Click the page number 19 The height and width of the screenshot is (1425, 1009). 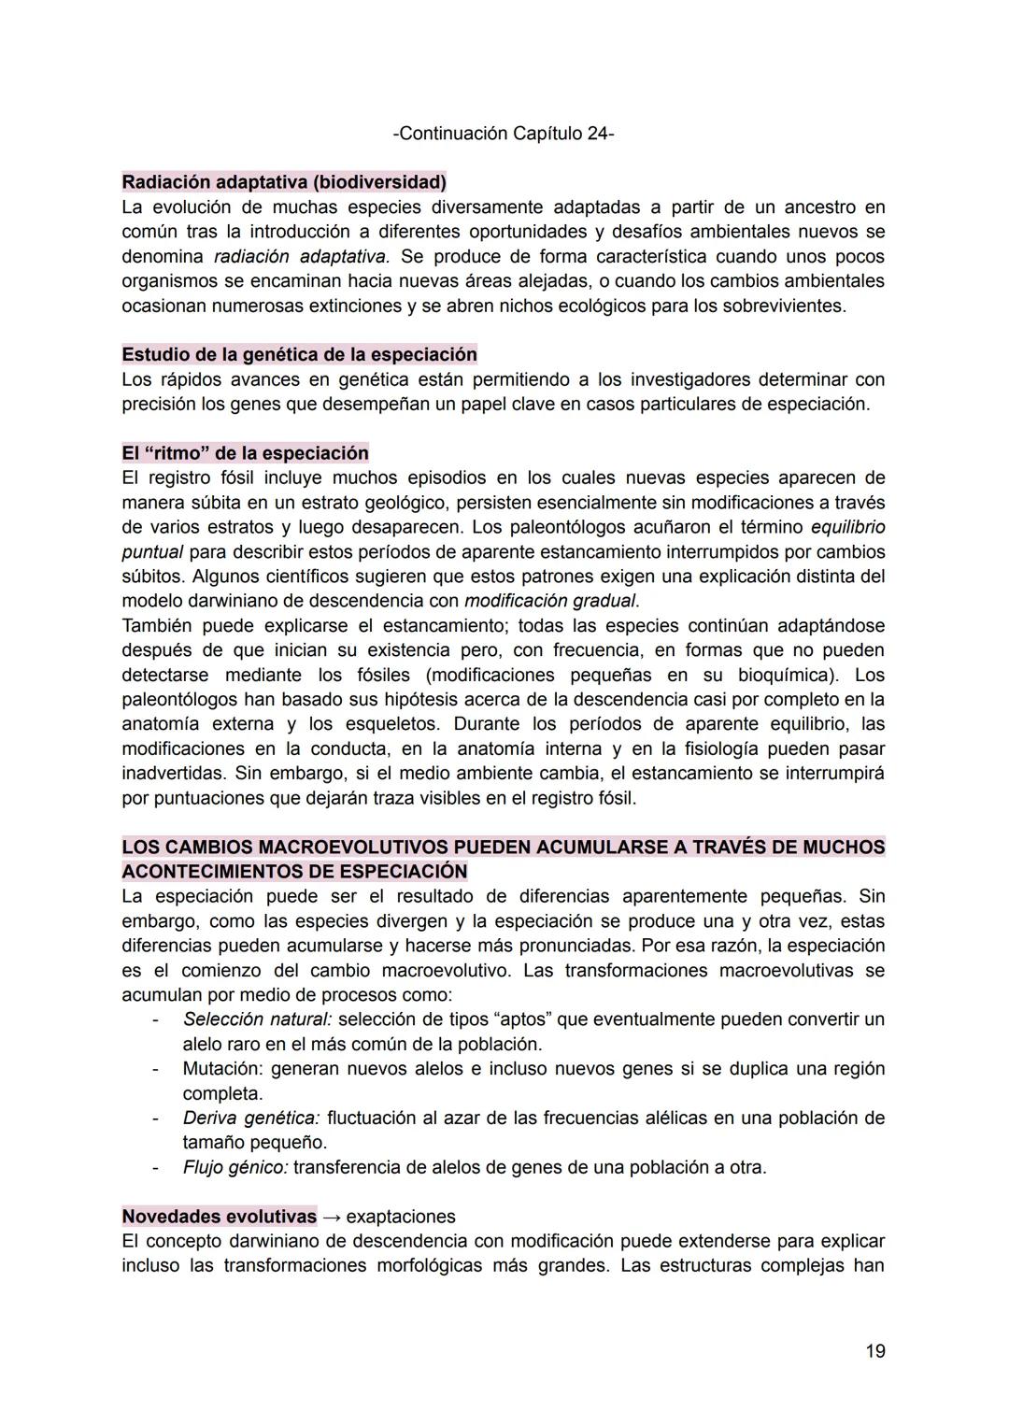[874, 1350]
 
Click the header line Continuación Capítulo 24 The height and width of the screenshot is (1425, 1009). [504, 134]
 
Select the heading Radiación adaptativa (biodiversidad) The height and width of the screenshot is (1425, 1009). [284, 181]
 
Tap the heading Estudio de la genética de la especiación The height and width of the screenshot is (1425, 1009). [299, 355]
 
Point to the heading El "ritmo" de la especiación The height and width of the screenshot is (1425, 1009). [245, 453]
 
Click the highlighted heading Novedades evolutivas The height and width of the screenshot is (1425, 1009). [219, 1217]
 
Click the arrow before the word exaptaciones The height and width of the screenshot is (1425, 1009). [331, 1217]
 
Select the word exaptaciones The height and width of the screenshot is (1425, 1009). [401, 1217]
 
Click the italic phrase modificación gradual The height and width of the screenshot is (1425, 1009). [549, 601]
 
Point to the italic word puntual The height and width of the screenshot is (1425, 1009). [152, 551]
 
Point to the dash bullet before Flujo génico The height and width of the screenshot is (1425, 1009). [156, 1167]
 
